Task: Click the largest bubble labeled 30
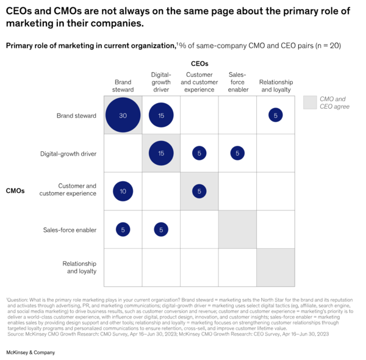123,115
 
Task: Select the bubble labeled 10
123,192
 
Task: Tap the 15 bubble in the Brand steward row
161,115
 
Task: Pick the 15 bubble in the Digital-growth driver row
161,153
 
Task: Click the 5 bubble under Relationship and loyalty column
276,115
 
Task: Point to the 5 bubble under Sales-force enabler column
237,153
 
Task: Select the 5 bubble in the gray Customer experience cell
199,192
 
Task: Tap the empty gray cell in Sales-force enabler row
237,229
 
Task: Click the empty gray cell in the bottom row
276,267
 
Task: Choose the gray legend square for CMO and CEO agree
310,103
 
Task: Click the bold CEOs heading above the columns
199,63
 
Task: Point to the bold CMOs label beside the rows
15,191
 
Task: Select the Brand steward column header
123,86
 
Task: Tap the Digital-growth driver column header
161,82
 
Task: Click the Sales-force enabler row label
70,230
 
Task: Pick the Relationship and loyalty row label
79,267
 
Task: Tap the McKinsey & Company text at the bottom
30,353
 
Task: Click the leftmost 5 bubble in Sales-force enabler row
123,229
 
